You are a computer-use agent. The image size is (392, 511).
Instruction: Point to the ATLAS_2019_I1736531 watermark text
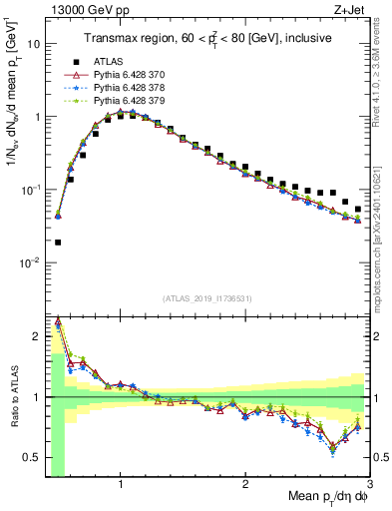(x=207, y=298)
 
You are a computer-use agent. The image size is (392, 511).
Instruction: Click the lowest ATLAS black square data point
(x=58, y=242)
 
